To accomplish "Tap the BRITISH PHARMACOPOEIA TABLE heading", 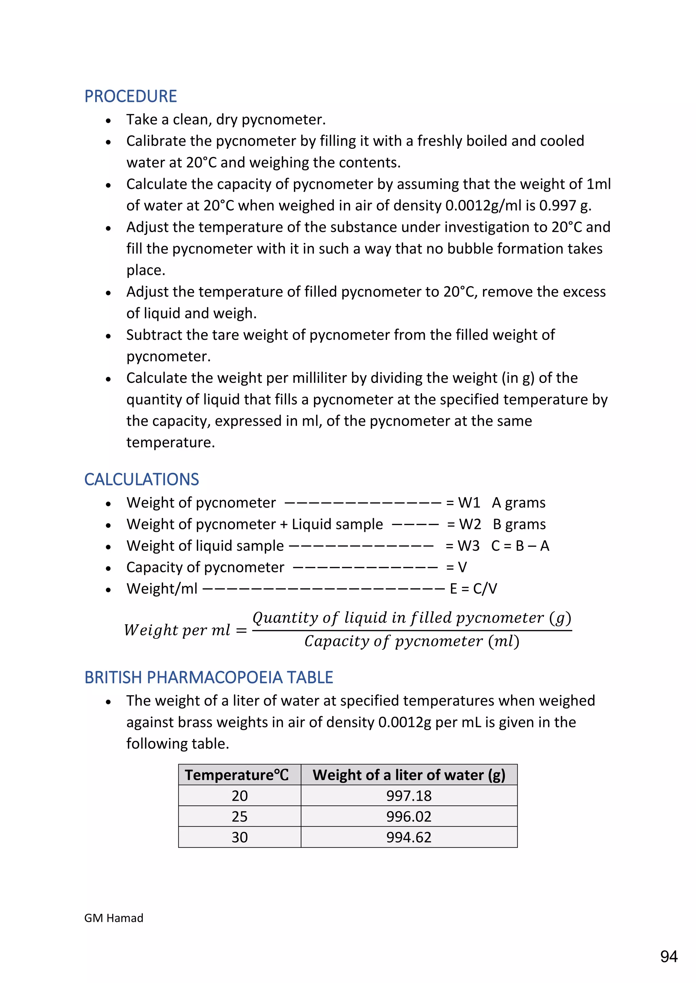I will click(208, 677).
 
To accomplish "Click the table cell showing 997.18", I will click(408, 796).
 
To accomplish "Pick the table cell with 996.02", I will click(408, 816).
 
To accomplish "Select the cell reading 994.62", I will click(408, 837).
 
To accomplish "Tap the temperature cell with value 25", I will click(240, 816).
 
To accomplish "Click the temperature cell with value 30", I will click(240, 837).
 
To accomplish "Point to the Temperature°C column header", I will click(237, 775).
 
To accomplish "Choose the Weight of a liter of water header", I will click(408, 775).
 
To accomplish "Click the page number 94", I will click(668, 957).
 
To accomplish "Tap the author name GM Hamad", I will click(114, 918).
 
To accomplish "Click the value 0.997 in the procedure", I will click(557, 205).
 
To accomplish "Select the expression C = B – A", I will click(520, 546).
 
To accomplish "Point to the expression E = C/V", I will click(473, 589).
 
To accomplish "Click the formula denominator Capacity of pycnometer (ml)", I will click(412, 641).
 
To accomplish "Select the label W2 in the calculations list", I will click(470, 524).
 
